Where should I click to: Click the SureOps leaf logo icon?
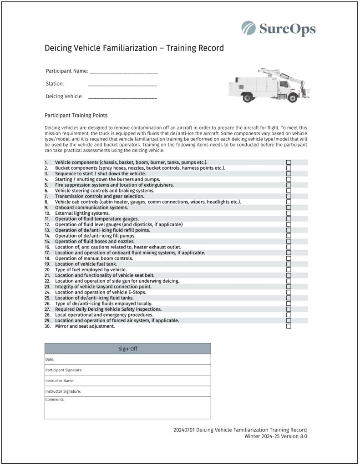pos(248,28)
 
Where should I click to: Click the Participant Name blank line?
pos(124,71)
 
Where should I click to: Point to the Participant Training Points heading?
pos(76,116)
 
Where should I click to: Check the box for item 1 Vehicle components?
pos(289,162)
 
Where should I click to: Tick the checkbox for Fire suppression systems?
pos(289,185)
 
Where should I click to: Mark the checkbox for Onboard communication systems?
pos(289,208)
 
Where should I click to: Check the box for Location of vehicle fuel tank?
pos(289,264)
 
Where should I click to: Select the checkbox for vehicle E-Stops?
pos(289,292)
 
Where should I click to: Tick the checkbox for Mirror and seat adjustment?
pos(289,326)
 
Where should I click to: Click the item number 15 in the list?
pos(47,242)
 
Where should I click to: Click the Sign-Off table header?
pos(127,349)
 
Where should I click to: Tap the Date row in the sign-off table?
pos(127,360)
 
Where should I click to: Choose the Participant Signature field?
pos(127,370)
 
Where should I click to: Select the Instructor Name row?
pos(127,381)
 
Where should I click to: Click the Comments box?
pos(127,408)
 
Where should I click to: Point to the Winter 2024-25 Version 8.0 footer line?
pos(275,436)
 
